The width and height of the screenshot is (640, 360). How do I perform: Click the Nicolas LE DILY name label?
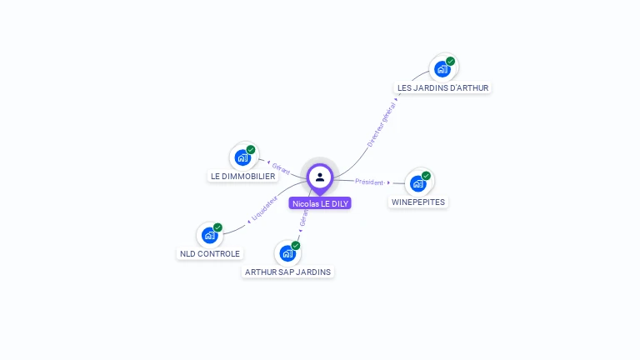coord(321,203)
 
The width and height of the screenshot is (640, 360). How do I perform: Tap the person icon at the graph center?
coord(320,177)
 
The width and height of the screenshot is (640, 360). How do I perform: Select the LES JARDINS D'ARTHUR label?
coord(442,87)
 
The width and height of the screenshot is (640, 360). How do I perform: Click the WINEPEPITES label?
coord(418,202)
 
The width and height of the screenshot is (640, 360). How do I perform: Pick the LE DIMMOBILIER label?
coord(242,177)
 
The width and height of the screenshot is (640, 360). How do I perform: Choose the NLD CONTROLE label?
coord(210,253)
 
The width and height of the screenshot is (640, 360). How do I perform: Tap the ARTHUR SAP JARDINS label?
coord(287,272)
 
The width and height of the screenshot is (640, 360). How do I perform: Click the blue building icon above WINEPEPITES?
coord(418,182)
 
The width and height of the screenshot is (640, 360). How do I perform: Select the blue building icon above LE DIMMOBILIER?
coord(242,157)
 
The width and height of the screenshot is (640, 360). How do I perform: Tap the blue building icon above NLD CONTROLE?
coord(210,235)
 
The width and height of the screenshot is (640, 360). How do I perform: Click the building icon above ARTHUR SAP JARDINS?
coord(287,252)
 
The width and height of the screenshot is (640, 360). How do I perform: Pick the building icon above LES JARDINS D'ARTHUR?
coord(442,68)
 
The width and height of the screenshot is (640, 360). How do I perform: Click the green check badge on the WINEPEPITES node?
coord(426,176)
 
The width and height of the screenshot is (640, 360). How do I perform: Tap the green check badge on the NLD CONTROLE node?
coord(217,227)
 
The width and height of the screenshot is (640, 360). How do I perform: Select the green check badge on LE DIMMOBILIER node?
coord(251,150)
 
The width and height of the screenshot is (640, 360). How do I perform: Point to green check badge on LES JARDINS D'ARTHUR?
coord(450,61)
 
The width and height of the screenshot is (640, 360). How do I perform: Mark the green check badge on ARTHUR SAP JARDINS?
coord(295,246)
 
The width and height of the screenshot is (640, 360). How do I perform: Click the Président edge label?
coord(369,182)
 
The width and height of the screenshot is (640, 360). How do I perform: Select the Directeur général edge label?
coord(382,125)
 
